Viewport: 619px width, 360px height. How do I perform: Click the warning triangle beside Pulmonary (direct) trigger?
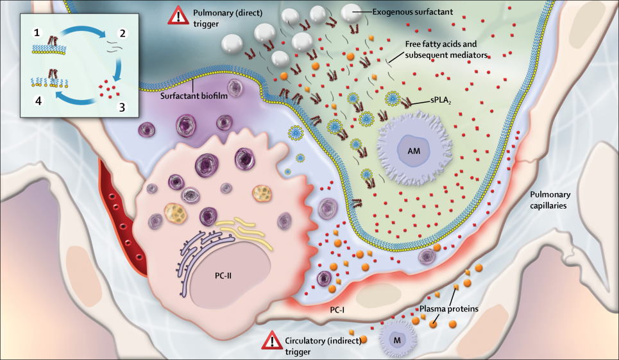(176, 15)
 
